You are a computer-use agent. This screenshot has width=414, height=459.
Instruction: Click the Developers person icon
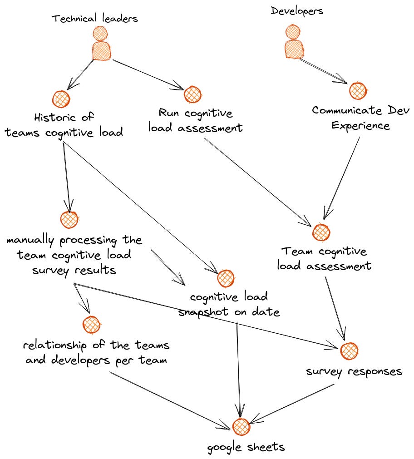coord(293,42)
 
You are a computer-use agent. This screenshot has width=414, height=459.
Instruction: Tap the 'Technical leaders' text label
coord(94,19)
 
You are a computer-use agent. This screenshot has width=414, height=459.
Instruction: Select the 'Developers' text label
coord(297,10)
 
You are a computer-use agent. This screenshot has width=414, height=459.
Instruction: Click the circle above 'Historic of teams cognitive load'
coord(61,99)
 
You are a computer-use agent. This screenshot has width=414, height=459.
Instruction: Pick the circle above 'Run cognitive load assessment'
coord(192,94)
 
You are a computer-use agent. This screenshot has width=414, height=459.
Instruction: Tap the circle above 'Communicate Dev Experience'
coord(358,90)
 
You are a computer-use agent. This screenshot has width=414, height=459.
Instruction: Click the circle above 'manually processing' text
coord(69,220)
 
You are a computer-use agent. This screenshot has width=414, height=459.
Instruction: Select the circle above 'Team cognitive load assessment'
coord(321,232)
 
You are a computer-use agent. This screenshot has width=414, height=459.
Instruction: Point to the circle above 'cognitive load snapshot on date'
coord(225,278)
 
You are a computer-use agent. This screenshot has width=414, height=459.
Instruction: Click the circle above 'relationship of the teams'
coord(91,325)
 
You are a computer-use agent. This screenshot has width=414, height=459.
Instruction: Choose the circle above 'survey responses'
coord(349,350)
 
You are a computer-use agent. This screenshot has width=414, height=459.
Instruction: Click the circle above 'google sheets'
coord(241,427)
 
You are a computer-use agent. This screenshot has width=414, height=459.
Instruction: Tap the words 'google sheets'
coord(246,447)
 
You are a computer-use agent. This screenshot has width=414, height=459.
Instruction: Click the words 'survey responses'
coord(354,371)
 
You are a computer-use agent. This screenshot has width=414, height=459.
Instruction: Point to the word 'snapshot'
coord(204,312)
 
